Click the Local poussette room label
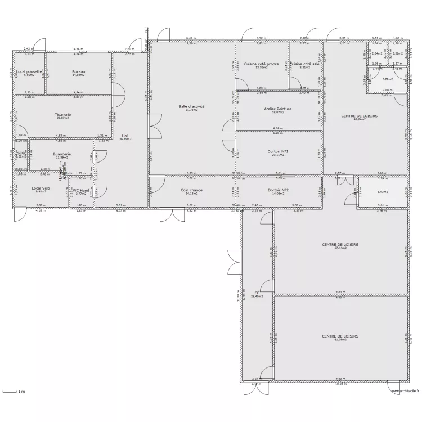[x=29, y=72]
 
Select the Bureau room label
[x=79, y=72]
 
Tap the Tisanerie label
[x=62, y=114]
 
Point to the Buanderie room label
[x=61, y=154]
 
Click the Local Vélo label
[x=41, y=188]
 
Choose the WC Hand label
[x=81, y=190]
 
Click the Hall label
[x=125, y=135]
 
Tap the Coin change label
[x=191, y=190]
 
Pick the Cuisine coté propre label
[x=262, y=64]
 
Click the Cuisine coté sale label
[x=305, y=64]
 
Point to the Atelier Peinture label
[x=278, y=109]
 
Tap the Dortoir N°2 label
[x=278, y=190]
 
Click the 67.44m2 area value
[x=340, y=248]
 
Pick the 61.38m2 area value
[x=340, y=340]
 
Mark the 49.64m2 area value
[x=359, y=119]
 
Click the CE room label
[x=257, y=293]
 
